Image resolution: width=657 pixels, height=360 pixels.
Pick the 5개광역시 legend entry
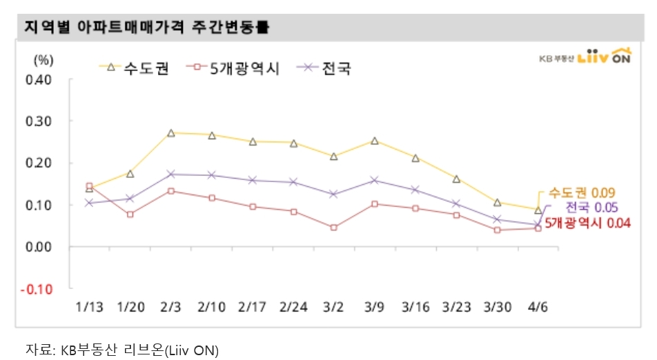point(237,68)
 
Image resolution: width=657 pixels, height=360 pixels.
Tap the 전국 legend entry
point(326,68)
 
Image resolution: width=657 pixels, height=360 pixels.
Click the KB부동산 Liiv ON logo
point(586,57)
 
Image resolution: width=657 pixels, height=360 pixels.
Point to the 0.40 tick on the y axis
point(40,79)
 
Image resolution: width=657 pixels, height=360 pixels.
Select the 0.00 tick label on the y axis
point(40,247)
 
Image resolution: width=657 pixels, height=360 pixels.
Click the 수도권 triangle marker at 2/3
point(170,132)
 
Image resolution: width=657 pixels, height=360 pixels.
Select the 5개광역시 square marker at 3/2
point(333,227)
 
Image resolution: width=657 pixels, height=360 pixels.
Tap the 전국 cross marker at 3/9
point(374,180)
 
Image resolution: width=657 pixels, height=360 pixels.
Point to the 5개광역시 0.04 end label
point(587,223)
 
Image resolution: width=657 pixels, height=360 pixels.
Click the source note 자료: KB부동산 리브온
point(121,349)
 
